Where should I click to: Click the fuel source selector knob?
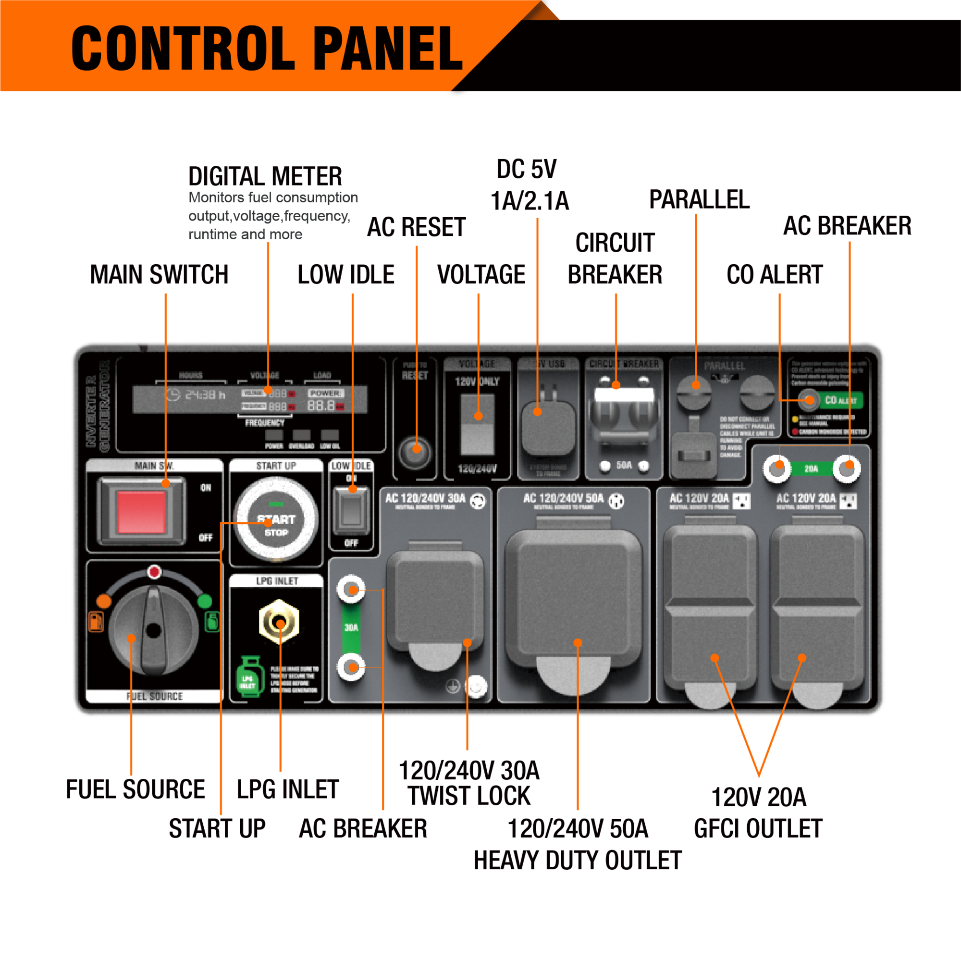pos(153,630)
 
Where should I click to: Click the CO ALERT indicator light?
pos(808,399)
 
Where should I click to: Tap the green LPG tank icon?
pos(249,677)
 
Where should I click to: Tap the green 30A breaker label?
pos(351,627)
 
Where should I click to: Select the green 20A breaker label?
pos(811,468)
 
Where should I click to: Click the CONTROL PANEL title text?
pos(267,48)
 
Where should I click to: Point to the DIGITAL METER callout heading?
pos(265,176)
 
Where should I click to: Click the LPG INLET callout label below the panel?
pos(287,789)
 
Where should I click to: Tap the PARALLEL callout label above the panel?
pos(699,200)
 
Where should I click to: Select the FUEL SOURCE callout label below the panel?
pos(136,789)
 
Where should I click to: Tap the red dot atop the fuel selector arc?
pos(154,571)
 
